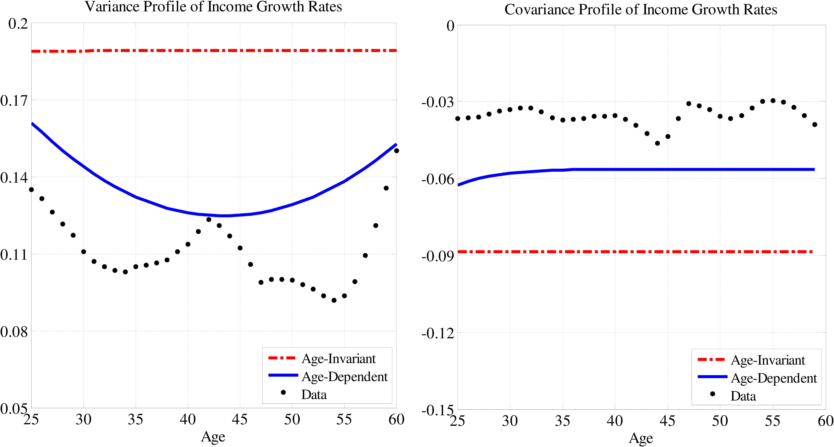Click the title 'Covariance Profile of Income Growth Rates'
(x=640, y=10)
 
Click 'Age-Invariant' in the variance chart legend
(x=338, y=359)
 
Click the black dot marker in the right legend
(x=712, y=394)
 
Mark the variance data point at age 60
(x=396, y=151)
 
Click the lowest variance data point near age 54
(x=334, y=300)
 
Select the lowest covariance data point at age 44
(x=657, y=143)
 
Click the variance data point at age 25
(x=31, y=190)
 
